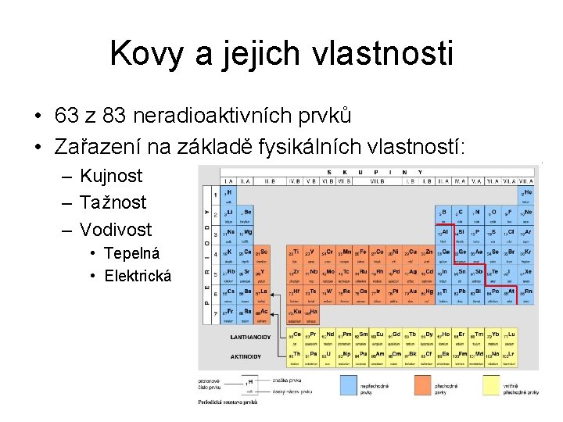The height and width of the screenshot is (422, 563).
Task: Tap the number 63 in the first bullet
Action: (66, 116)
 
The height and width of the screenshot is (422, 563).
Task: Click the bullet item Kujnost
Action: (111, 176)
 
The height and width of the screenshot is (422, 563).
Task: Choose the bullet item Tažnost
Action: (113, 202)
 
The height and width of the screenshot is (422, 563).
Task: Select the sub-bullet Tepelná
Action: (132, 253)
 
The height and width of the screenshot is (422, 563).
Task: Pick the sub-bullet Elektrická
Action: (138, 275)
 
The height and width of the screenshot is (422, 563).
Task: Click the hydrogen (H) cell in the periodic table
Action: (228, 194)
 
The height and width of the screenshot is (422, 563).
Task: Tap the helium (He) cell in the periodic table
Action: (527, 194)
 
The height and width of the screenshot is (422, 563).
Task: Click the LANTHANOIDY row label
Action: (250, 337)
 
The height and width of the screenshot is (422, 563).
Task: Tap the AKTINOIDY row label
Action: (246, 356)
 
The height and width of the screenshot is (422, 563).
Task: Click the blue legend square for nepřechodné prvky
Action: (357, 384)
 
